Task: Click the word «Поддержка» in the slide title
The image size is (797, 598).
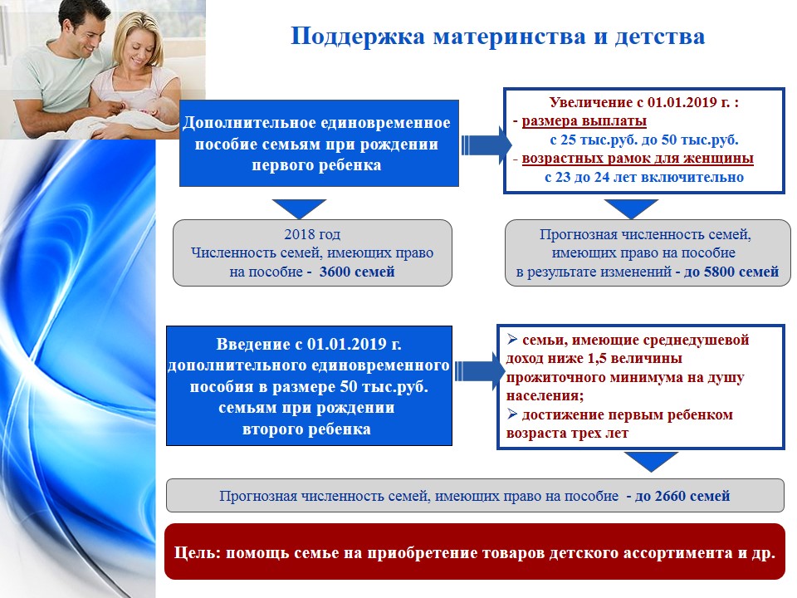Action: (357, 37)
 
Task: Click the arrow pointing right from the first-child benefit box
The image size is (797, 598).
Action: (486, 145)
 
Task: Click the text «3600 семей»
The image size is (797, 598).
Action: (357, 272)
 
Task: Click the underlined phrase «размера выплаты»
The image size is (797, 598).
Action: (584, 121)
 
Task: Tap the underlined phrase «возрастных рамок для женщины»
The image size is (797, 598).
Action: (638, 159)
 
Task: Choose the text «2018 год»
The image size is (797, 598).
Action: (312, 234)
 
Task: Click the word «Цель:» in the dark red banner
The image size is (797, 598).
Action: (198, 553)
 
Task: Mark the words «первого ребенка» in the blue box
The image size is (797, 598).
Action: (316, 165)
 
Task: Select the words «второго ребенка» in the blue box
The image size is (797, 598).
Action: (306, 429)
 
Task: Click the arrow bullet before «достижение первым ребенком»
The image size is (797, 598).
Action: (512, 414)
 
